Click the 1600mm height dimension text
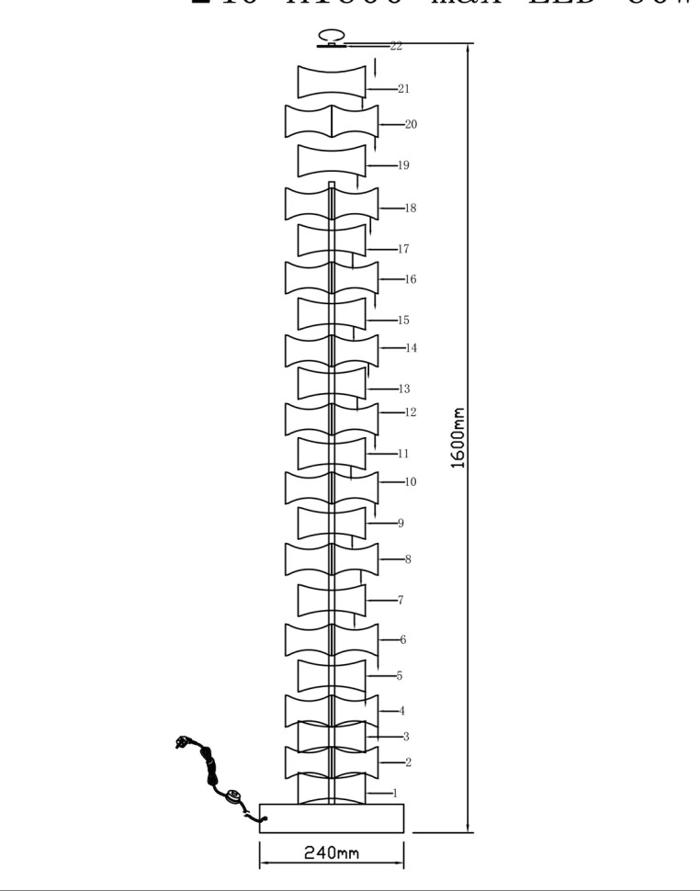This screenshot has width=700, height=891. pos(459,438)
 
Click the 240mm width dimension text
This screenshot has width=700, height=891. pos(332,852)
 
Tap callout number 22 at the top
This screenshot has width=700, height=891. pos(396,45)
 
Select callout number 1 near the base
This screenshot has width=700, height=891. pos(395,793)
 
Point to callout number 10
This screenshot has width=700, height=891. pos(411,481)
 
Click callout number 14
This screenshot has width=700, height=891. pos(412,348)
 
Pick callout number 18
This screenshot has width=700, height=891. pos(411,209)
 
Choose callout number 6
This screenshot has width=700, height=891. pos(402,639)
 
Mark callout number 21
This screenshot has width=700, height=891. pos(404,89)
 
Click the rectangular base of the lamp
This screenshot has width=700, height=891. pos(332,818)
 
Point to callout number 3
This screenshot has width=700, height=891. pos(406,737)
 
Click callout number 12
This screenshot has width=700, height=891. pos(411,412)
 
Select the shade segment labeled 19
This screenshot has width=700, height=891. pos(332,162)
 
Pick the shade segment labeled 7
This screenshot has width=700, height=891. pos(332,600)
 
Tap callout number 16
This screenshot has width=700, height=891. pos(411,279)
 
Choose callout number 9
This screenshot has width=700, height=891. pos(401,524)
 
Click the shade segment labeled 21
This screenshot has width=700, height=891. pos(332,82)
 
